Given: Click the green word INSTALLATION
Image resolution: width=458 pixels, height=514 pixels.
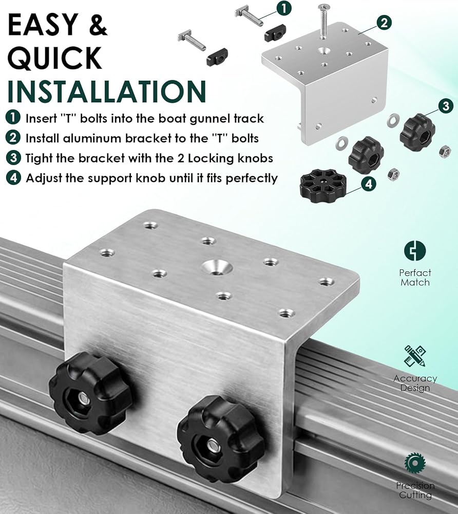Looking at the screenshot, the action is tap(107, 91).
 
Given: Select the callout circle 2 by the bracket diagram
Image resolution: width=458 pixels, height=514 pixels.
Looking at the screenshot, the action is tap(384, 23).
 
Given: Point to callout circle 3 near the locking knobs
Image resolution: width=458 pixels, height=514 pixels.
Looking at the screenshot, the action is tap(446, 106).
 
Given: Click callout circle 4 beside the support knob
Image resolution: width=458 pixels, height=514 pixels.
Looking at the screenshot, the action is tap(369, 184).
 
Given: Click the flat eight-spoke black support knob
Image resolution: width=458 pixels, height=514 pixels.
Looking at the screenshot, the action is tap(323, 186).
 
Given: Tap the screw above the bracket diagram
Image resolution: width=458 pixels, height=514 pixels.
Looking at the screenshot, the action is tap(324, 21).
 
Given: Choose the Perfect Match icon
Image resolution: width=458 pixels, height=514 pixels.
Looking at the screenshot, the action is tap(415, 251).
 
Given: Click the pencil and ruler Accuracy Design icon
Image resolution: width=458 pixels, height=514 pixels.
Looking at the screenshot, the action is tap(415, 356).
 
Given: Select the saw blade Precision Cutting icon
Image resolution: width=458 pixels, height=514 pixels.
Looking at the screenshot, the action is tap(415, 463).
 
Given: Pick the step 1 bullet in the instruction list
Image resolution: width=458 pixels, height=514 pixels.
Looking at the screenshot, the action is tap(13, 118).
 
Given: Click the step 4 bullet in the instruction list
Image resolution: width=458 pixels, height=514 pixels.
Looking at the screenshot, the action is tap(13, 178).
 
